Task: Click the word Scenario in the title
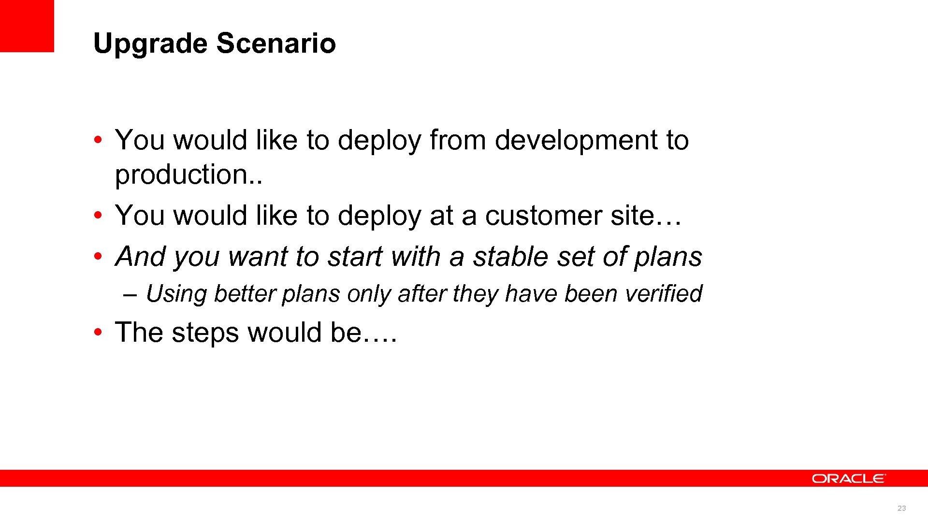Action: pyautogui.click(x=275, y=43)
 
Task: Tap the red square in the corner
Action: pyautogui.click(x=27, y=26)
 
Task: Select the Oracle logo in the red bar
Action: pyautogui.click(x=848, y=478)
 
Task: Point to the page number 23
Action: pyautogui.click(x=901, y=508)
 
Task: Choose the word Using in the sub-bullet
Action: pyautogui.click(x=176, y=294)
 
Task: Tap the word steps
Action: pyautogui.click(x=205, y=333)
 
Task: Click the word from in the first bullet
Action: pyautogui.click(x=457, y=140)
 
